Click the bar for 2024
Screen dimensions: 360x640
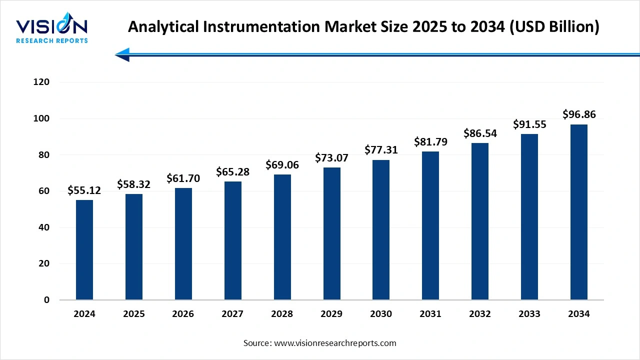point(84,250)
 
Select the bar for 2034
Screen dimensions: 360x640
point(578,212)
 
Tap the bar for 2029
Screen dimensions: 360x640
point(331,233)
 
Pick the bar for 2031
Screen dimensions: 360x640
point(430,225)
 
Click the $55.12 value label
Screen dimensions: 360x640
point(84,190)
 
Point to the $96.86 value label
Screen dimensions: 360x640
point(579,114)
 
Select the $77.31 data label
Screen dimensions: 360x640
point(381,150)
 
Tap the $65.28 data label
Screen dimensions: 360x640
point(232,172)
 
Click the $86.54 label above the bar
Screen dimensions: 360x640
point(480,133)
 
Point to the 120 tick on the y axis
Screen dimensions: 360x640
point(41,82)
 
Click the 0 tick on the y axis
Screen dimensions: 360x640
point(46,300)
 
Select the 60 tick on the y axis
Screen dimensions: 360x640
point(44,191)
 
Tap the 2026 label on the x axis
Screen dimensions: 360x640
point(183,314)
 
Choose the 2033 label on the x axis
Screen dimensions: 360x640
point(529,314)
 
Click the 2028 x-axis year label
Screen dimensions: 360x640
point(282,314)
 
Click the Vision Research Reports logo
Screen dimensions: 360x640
point(52,30)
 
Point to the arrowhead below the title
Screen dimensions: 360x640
point(123,54)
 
